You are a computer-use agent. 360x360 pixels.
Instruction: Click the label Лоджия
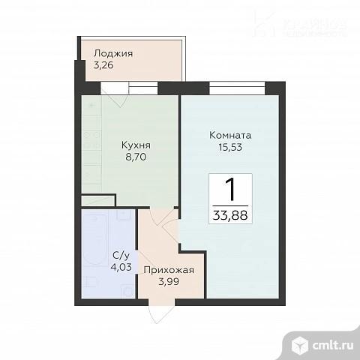click(x=113, y=53)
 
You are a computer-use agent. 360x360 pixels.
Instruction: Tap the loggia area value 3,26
click(x=104, y=65)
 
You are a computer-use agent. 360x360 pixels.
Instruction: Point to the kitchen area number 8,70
click(x=136, y=159)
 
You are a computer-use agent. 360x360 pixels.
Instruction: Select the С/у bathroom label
click(x=118, y=254)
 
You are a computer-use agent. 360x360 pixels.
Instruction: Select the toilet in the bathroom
click(x=89, y=282)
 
